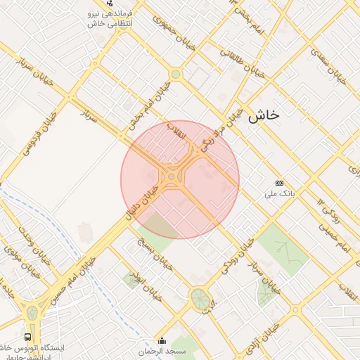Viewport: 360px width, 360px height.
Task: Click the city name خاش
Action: [x=264, y=115]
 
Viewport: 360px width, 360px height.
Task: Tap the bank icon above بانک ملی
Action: [x=279, y=181]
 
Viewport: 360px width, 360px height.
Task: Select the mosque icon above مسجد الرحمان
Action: [x=163, y=340]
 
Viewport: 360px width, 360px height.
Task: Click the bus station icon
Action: [x=27, y=337]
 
